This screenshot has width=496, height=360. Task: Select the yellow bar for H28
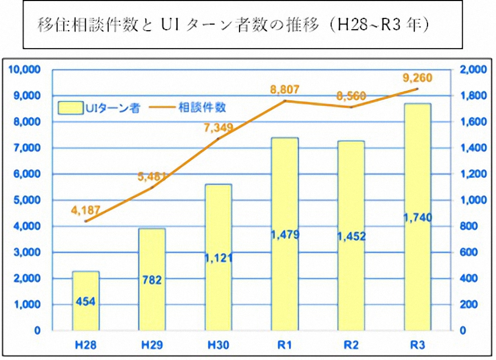tap(86, 300)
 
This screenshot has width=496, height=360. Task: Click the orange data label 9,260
tap(417, 78)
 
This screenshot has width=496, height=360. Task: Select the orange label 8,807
tap(285, 90)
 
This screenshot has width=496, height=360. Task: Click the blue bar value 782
tap(152, 280)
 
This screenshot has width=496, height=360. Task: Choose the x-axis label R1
tap(285, 344)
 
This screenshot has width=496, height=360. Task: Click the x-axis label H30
tap(218, 344)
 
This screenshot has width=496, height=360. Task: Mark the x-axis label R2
tap(351, 344)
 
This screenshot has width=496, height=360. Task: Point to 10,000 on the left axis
tap(24, 69)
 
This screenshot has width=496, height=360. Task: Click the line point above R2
tap(351, 107)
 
